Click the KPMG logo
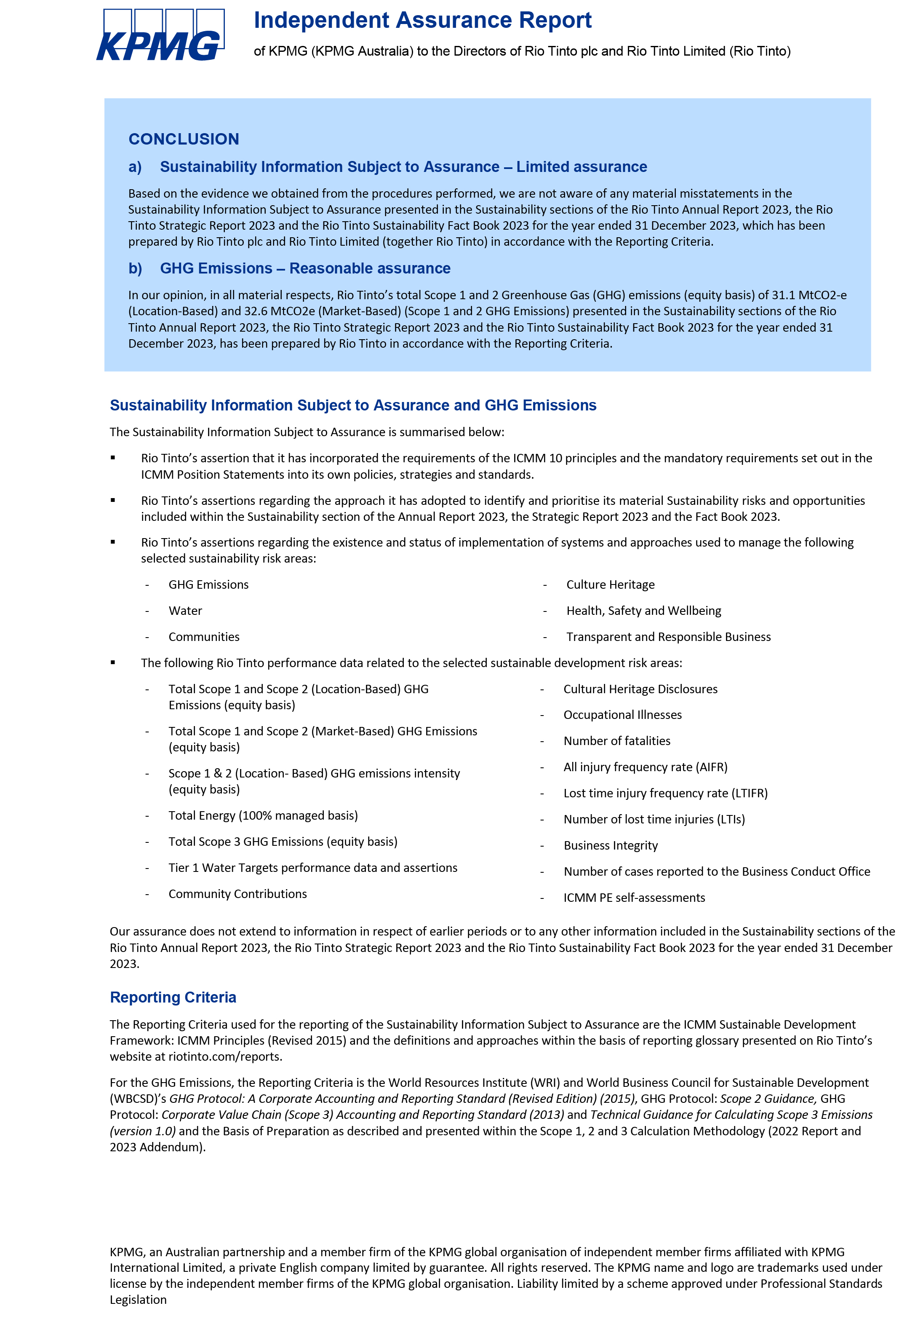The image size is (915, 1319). click(160, 35)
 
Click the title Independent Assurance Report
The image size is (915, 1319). click(422, 21)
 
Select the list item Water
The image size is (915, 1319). click(185, 611)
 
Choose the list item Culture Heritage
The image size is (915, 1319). click(610, 584)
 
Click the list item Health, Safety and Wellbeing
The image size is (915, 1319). click(643, 611)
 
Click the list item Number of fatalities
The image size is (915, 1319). click(616, 741)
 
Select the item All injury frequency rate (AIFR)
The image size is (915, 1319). click(645, 767)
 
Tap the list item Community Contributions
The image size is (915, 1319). click(237, 894)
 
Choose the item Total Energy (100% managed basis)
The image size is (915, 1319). click(263, 815)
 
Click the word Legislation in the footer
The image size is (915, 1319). click(138, 1300)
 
